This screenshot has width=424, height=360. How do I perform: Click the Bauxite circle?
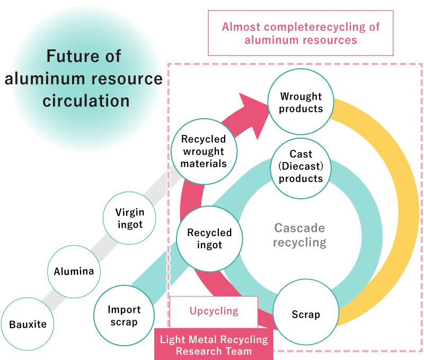click(x=28, y=324)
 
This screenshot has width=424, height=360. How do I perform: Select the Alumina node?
click(x=74, y=272)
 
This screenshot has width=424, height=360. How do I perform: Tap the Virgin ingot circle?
click(x=129, y=218)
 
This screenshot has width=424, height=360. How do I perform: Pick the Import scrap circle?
click(x=123, y=316)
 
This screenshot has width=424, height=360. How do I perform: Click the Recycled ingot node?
click(x=209, y=239)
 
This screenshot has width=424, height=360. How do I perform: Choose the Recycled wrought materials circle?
click(x=204, y=151)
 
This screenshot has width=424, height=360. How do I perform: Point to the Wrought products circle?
click(x=301, y=102)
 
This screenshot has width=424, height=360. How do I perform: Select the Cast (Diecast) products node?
click(x=301, y=167)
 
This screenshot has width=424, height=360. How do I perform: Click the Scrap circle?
click(x=306, y=314)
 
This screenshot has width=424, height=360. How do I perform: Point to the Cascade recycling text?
click(x=300, y=236)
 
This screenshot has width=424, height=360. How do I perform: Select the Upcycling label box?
click(x=214, y=311)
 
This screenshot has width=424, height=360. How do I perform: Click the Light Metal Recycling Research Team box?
click(x=214, y=345)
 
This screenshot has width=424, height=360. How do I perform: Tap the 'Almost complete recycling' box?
click(x=301, y=33)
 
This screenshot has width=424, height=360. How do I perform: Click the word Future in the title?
click(x=83, y=56)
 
